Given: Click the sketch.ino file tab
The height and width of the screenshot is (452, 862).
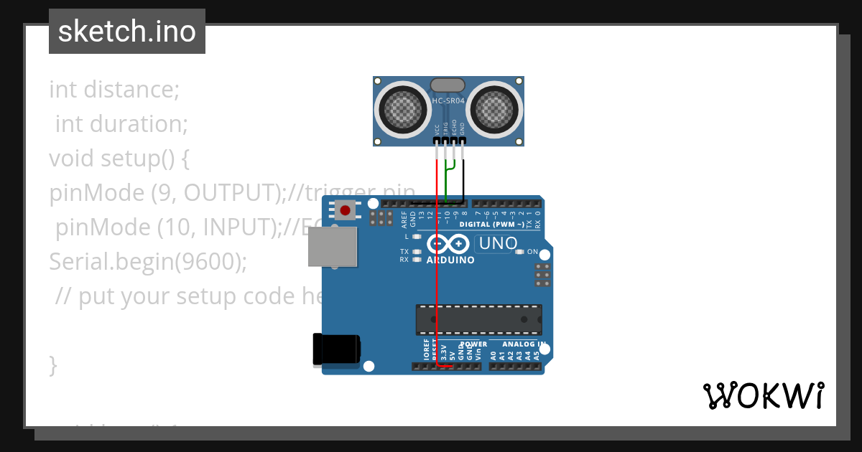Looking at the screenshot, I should tap(127, 32).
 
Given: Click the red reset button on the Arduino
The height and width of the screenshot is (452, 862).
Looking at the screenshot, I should tap(346, 210).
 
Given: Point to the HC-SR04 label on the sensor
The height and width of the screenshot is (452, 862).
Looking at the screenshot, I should tap(448, 101).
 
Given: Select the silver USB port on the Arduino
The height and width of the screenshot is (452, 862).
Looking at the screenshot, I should tap(332, 248).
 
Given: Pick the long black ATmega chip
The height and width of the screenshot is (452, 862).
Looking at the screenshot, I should tap(478, 320).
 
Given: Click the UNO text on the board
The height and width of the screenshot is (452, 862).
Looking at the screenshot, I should tap(498, 244).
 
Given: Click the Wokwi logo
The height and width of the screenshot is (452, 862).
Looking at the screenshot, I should tap(763, 395).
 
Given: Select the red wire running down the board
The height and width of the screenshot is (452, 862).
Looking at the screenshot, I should tap(437, 287).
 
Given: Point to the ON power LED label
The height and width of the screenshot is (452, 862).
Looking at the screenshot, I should tap(532, 252).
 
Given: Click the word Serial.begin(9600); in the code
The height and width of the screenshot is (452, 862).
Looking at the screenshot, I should tap(148, 262).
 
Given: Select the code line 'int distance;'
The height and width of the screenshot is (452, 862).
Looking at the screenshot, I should tap(114, 90).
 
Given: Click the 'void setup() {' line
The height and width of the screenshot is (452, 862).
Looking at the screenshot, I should tap(119, 159).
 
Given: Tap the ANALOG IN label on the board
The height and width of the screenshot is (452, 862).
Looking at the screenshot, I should tap(523, 344).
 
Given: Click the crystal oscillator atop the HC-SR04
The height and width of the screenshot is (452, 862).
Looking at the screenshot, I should tap(448, 84).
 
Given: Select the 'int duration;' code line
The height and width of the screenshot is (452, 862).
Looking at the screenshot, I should tap(121, 124).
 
